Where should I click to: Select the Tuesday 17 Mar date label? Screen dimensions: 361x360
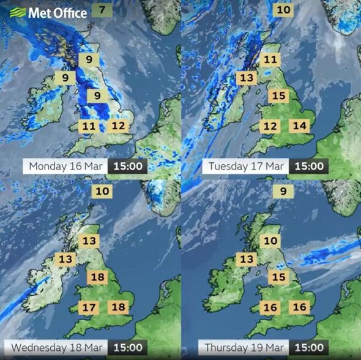pyautogui.click(x=246, y=166)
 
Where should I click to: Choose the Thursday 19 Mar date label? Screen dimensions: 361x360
pyautogui.click(x=244, y=347)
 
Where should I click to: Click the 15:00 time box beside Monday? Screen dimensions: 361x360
pyautogui.click(x=127, y=166)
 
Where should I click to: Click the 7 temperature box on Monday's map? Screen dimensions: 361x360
pyautogui.click(x=102, y=10)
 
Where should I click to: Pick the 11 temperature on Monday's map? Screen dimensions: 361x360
pyautogui.click(x=89, y=127)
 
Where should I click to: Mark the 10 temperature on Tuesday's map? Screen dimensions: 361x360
pyautogui.click(x=283, y=10)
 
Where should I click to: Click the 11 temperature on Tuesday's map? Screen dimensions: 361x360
pyautogui.click(x=270, y=60)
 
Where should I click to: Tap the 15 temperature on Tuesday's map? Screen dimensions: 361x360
pyautogui.click(x=279, y=96)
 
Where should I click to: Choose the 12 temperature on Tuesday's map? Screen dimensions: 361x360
pyautogui.click(x=270, y=127)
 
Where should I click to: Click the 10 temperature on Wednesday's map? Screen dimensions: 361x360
pyautogui.click(x=102, y=191)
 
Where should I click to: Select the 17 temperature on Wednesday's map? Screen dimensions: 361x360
pyautogui.click(x=89, y=307)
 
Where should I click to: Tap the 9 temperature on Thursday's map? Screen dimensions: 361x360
pyautogui.click(x=283, y=191)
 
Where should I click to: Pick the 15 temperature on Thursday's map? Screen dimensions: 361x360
pyautogui.click(x=279, y=277)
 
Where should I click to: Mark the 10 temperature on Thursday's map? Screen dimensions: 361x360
pyautogui.click(x=270, y=241)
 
